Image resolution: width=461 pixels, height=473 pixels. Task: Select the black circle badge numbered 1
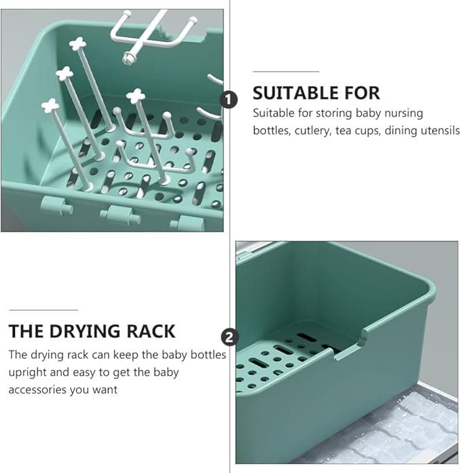[x=230, y=100]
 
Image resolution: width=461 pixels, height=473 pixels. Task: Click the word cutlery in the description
[x=313, y=130]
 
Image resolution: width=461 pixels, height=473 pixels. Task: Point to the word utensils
[x=439, y=130]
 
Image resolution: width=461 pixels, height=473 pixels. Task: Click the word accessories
[x=37, y=389]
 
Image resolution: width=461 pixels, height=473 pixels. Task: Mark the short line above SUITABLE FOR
[x=286, y=71]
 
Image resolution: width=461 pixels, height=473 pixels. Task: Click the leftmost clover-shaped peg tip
[x=50, y=105]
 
